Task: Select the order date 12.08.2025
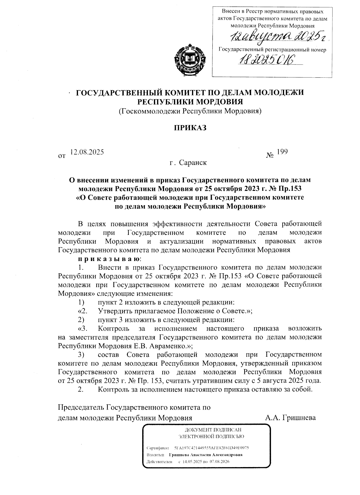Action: (87, 152)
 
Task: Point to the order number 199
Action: (282, 152)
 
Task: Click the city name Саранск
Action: (193, 163)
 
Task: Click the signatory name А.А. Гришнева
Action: (290, 418)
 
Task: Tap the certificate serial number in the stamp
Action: (211, 448)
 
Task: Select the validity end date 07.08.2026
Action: (219, 461)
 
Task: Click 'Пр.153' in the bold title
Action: (290, 189)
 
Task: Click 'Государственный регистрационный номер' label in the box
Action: (272, 50)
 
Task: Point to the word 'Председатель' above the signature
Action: (81, 407)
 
